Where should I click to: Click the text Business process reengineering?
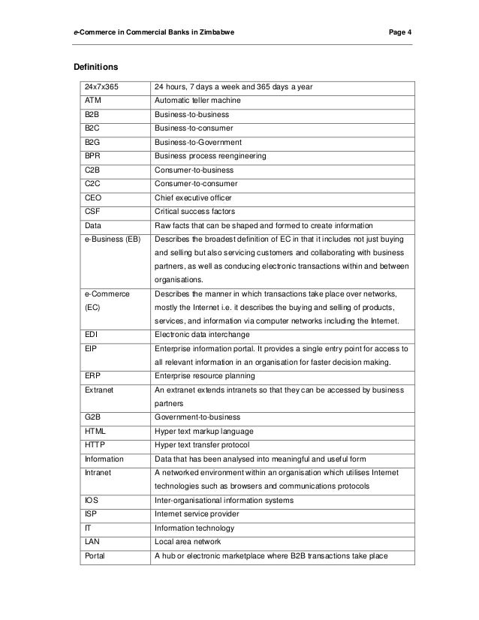point(205,156)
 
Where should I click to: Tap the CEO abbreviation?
point(94,197)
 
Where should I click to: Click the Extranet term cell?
point(99,390)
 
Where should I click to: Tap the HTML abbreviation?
point(95,431)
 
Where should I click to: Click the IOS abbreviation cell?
point(92,500)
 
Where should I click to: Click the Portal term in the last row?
point(96,555)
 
